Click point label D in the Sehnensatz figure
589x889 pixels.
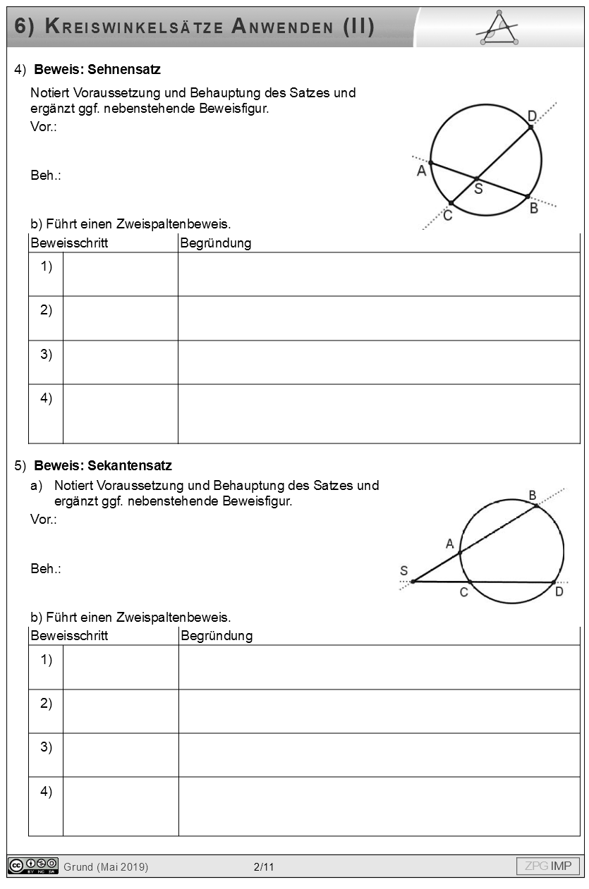532,115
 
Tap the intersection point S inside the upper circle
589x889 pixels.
476,178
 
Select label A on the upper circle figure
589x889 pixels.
421,171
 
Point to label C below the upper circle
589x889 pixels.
448,216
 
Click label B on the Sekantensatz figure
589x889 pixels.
533,495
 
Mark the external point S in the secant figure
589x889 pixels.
413,582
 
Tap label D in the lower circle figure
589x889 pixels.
559,592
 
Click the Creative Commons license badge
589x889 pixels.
33,866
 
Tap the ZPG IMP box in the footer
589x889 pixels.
548,866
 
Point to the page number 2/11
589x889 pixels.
264,867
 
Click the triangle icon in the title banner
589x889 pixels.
499,28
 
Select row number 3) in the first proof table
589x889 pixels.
46,355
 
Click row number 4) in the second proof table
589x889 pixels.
46,792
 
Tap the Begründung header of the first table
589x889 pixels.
216,244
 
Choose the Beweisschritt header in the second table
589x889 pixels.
69,636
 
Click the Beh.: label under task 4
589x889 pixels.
46,176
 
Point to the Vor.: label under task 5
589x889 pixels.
44,520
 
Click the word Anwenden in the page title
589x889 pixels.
282,27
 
